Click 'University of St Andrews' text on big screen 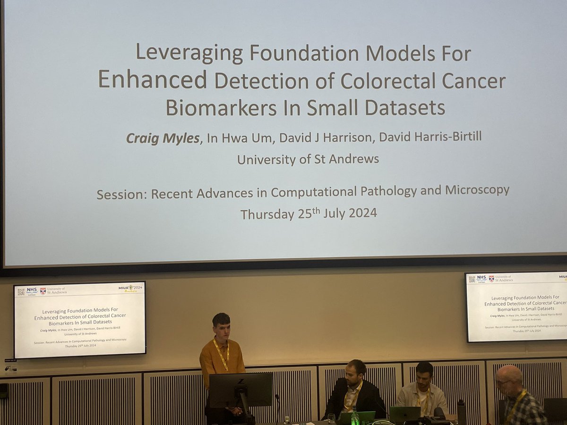click(x=308, y=159)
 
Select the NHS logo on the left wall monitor click(x=32, y=290)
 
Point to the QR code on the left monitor click(x=21, y=292)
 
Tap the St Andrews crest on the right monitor click(x=491, y=279)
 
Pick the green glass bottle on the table click(x=354, y=416)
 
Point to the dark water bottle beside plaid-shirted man click(x=461, y=412)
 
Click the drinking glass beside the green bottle click(x=331, y=419)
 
